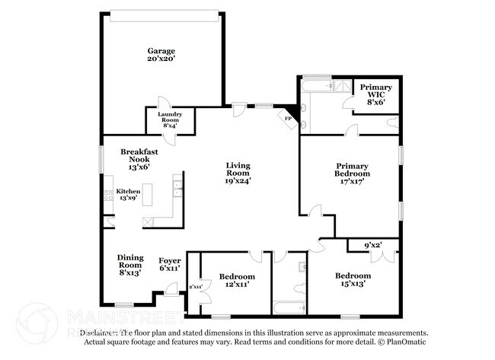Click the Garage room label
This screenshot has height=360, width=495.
(x=161, y=56)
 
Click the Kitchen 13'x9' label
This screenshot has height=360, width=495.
(x=126, y=195)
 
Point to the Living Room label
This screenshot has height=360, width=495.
(x=238, y=173)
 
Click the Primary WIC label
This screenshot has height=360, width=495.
(x=375, y=92)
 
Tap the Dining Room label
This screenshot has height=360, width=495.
(x=129, y=265)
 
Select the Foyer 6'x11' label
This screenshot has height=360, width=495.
(x=169, y=264)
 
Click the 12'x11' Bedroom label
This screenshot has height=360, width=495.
(x=237, y=279)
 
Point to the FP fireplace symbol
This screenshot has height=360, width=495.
(x=289, y=118)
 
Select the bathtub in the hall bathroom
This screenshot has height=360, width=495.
(x=289, y=307)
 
